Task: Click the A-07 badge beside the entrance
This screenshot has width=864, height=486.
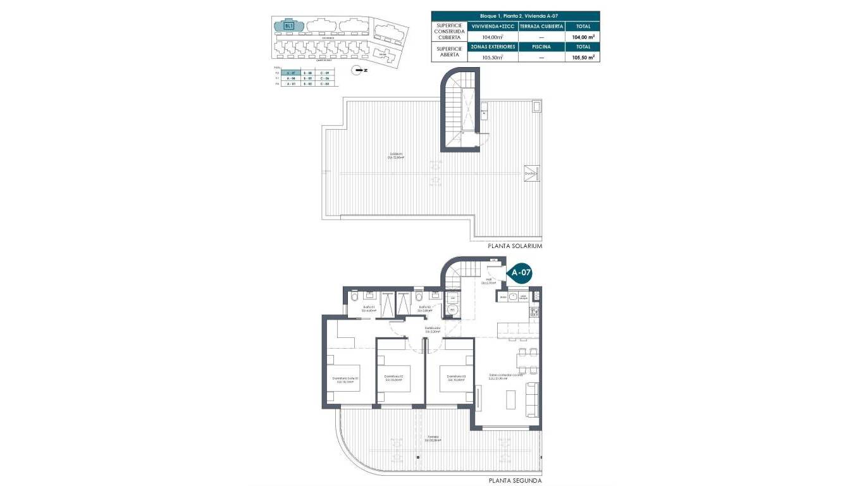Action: [521, 273]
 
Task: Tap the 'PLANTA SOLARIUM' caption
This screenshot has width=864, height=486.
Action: [515, 246]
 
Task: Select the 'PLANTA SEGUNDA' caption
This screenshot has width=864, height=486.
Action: [515, 481]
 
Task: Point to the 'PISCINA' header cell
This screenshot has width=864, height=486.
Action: [541, 47]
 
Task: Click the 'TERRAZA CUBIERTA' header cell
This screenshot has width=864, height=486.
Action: [541, 27]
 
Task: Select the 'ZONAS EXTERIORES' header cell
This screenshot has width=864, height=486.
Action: [492, 47]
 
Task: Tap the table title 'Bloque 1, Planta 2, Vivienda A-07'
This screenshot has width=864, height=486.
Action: [515, 16]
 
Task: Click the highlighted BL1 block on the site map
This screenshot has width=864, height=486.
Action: [289, 26]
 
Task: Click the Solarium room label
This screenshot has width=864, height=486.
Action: [397, 156]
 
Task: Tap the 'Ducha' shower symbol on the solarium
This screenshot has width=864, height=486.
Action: [531, 173]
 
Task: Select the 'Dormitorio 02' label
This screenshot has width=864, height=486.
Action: [393, 378]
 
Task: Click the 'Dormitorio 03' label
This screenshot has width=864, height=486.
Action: [455, 378]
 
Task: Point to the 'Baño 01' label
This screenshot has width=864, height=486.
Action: [369, 309]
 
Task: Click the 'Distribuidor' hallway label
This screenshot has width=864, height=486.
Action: [432, 329]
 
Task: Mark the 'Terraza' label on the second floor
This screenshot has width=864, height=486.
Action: [432, 438]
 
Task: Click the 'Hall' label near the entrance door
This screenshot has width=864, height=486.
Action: [488, 281]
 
